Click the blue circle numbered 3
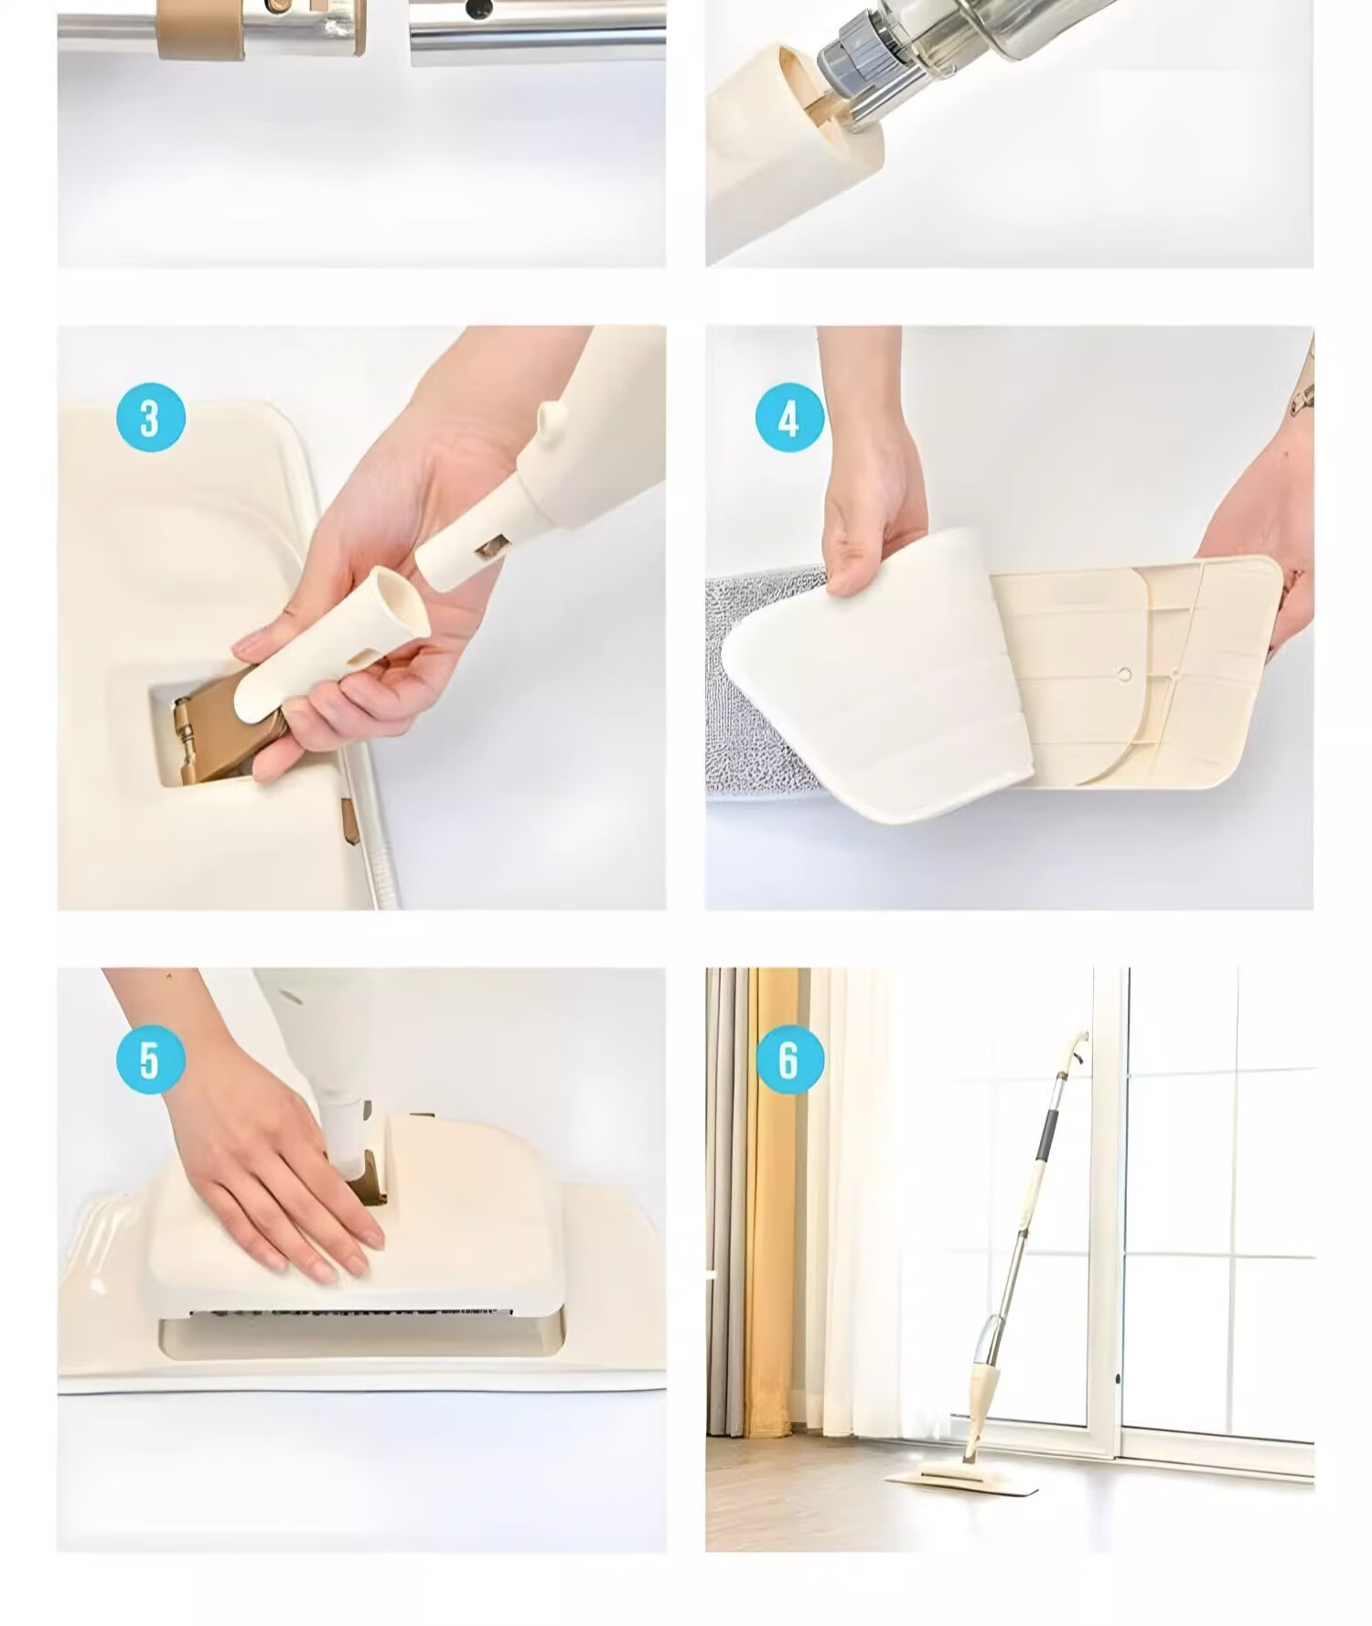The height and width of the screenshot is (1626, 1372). click(x=151, y=418)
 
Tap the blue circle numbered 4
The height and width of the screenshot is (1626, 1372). click(x=789, y=418)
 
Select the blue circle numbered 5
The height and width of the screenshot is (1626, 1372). click(x=151, y=1060)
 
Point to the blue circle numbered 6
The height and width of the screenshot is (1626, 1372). click(x=789, y=1060)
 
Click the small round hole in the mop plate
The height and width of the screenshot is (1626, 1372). click(x=1125, y=675)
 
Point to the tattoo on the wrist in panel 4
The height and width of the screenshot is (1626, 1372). click(x=1303, y=389)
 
